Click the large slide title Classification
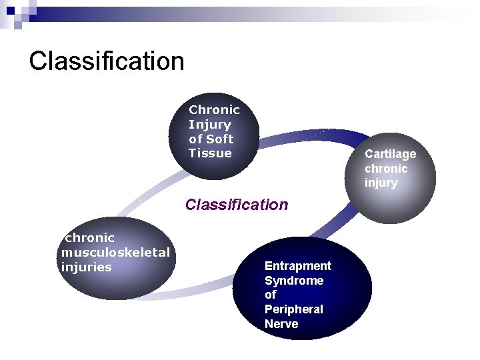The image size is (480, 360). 107,61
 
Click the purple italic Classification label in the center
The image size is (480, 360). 237,205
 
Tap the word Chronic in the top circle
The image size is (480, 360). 214,110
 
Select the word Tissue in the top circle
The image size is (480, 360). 210,153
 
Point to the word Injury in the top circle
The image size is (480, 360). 209,125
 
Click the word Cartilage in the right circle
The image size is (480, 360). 390,154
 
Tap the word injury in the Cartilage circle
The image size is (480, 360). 381,183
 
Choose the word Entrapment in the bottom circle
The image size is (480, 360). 297,266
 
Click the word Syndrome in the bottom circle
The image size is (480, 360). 293,281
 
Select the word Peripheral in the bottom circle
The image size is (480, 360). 293,309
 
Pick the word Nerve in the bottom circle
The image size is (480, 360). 281,324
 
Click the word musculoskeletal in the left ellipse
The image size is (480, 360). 115,253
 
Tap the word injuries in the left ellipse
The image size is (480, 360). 86,267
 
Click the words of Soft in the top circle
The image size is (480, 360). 211,139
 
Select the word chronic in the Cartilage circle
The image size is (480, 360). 385,169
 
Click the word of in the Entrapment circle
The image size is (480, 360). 270,295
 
